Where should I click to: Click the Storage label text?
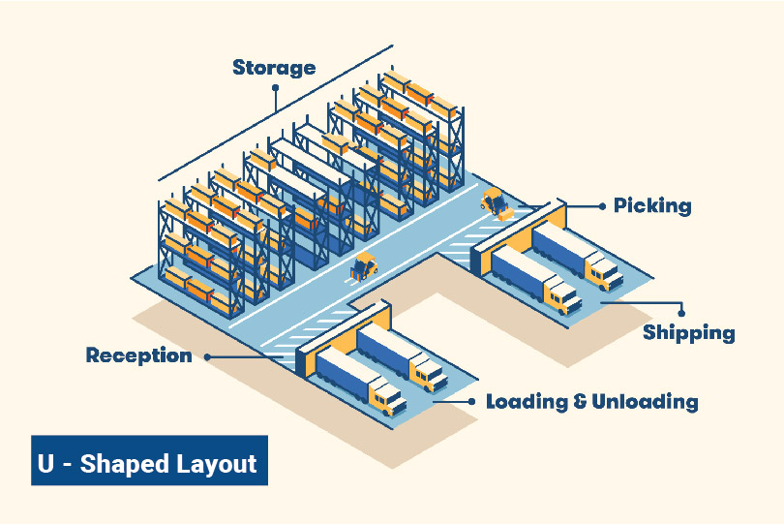274,68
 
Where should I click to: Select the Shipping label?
688,333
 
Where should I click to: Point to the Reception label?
138,355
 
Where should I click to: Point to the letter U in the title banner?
45,463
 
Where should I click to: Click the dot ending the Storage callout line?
275,86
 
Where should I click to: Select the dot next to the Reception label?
206,356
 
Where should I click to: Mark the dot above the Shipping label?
682,312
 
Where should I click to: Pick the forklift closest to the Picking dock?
494,202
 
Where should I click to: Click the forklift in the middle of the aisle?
364,265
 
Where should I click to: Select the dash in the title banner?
67,464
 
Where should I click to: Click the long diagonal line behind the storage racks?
276,112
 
